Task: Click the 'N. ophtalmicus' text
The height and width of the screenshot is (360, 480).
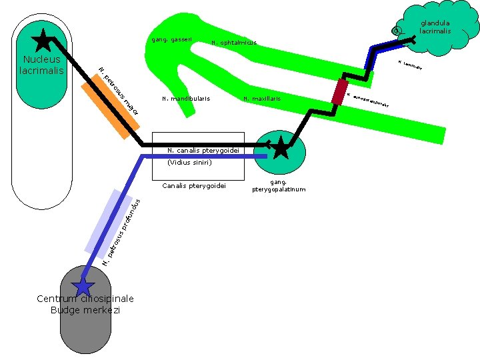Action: click(233, 43)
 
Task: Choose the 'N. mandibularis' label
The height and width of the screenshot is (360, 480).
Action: click(185, 99)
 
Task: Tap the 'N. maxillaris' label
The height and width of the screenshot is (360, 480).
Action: click(262, 99)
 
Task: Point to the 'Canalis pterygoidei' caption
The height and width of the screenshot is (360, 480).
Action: click(194, 185)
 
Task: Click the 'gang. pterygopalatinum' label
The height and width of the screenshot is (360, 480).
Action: click(279, 185)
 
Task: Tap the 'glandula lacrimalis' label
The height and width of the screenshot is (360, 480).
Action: click(435, 27)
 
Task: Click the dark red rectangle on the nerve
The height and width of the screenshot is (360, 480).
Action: click(341, 91)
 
